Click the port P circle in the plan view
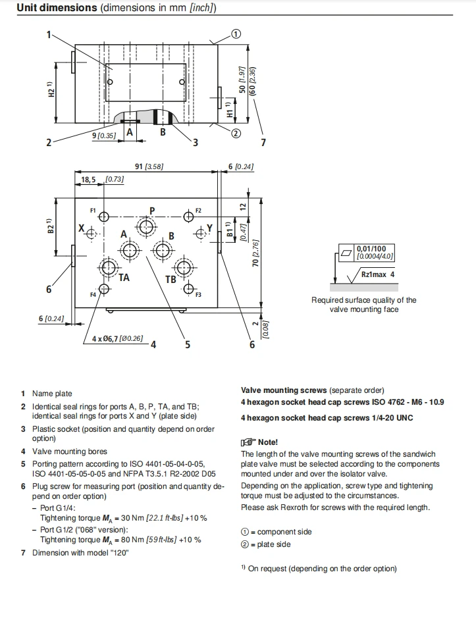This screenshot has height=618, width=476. [146, 226]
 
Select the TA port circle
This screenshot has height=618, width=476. [107, 268]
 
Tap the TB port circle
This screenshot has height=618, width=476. [184, 268]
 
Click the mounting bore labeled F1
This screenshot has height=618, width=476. [104, 217]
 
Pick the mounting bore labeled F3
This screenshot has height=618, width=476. [189, 289]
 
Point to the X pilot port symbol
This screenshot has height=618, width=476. [92, 234]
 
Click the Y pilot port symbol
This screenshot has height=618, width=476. [201, 234]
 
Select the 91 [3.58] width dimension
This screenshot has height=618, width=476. [149, 167]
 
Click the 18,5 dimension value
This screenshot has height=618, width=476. [88, 180]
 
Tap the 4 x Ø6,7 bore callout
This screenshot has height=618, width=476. [118, 338]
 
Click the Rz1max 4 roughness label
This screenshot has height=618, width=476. [377, 274]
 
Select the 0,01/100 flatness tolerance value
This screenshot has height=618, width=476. [371, 249]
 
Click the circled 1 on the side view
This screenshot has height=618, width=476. [236, 34]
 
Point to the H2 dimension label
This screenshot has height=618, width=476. [51, 90]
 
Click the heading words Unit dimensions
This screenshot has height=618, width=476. [57, 7]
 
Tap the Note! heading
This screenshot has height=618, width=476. [268, 442]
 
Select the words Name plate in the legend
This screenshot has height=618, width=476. [52, 394]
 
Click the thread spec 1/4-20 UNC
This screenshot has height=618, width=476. [392, 418]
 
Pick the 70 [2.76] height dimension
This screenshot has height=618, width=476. [255, 253]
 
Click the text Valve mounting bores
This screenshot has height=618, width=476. [70, 451]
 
